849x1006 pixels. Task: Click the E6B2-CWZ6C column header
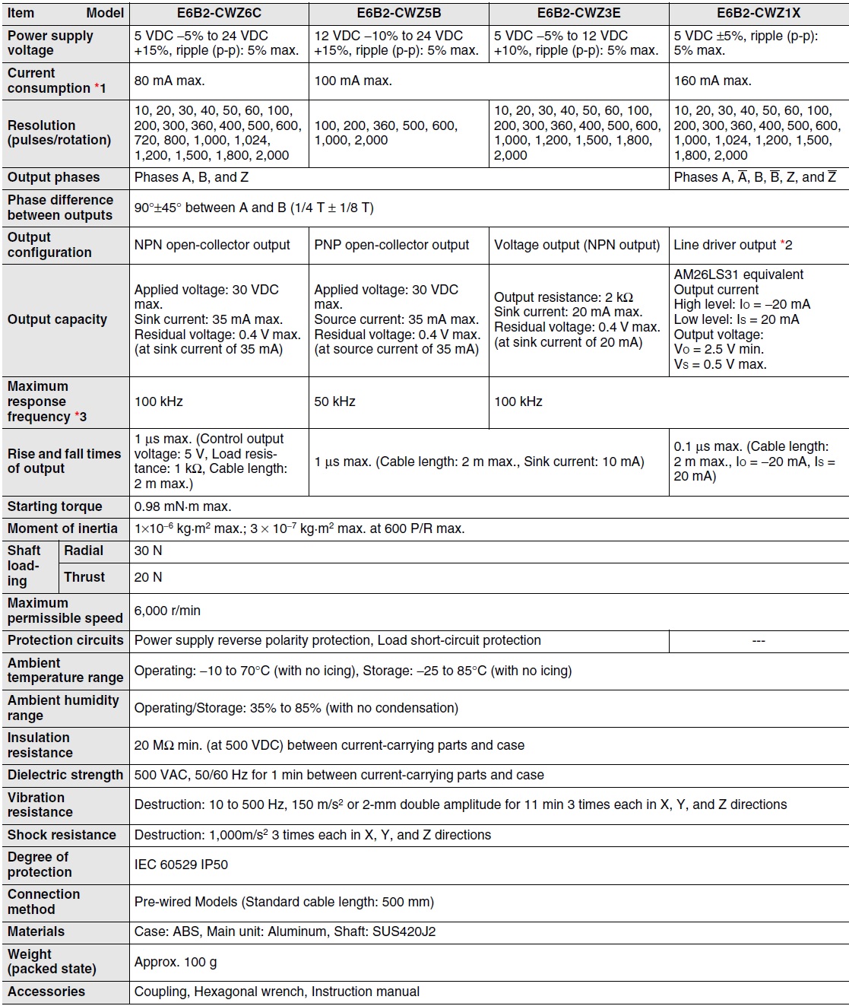click(x=219, y=13)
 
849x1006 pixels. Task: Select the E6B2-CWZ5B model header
click(x=398, y=13)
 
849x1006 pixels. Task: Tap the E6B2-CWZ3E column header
click(x=578, y=13)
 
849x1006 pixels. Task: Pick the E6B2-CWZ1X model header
click(x=758, y=13)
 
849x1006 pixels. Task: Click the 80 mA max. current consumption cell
click(x=169, y=81)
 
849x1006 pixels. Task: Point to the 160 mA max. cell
click(x=712, y=81)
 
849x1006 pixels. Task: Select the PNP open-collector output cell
click(x=391, y=245)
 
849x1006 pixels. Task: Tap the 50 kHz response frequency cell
click(x=334, y=401)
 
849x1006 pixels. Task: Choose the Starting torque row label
click(x=55, y=506)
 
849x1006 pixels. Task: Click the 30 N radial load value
click(x=148, y=551)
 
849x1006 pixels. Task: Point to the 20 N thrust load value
click(x=148, y=577)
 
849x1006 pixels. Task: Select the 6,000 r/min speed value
click(x=167, y=611)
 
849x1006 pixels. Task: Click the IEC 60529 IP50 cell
click(x=181, y=865)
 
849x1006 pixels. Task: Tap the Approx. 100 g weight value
click(x=176, y=962)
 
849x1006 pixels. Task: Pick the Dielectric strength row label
click(x=65, y=775)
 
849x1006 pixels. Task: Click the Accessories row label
click(x=46, y=992)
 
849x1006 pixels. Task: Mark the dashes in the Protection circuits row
click(x=758, y=641)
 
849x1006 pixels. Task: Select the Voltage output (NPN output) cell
click(x=577, y=245)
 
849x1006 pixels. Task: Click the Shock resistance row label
click(x=62, y=835)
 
